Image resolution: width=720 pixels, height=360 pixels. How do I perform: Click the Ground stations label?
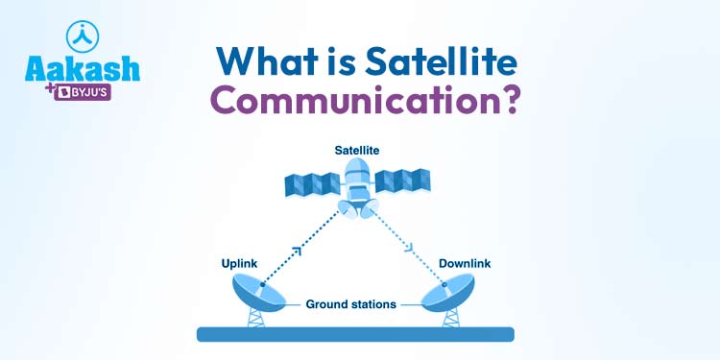[x=350, y=304]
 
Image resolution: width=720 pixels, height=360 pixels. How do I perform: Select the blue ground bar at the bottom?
[x=355, y=334]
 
